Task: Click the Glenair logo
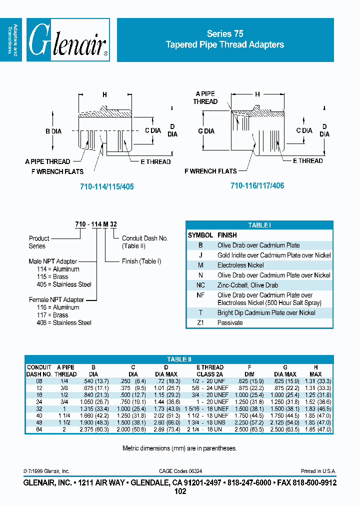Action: pos(67,40)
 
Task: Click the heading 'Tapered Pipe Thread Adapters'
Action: pos(225,44)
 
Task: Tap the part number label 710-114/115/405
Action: pos(107,186)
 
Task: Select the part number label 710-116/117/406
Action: pos(257,185)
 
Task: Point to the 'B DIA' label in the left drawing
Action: pos(53,131)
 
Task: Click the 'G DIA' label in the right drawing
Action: pos(206,131)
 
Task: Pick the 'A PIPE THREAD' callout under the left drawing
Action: pos(47,161)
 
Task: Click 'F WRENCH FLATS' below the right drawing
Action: pos(210,171)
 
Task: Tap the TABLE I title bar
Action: pos(259,225)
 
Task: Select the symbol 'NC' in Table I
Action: pos(200,285)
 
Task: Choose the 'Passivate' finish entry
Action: pos(230,322)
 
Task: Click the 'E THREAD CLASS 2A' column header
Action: pos(210,370)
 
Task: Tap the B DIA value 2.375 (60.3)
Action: pos(93,429)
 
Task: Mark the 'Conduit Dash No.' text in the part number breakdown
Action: pos(145,238)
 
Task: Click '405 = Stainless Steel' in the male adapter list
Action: pos(60,284)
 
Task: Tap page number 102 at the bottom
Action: pos(179,491)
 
